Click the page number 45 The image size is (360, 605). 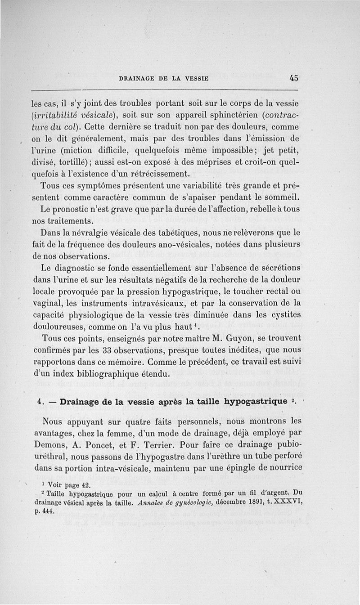pyautogui.click(x=294, y=77)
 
